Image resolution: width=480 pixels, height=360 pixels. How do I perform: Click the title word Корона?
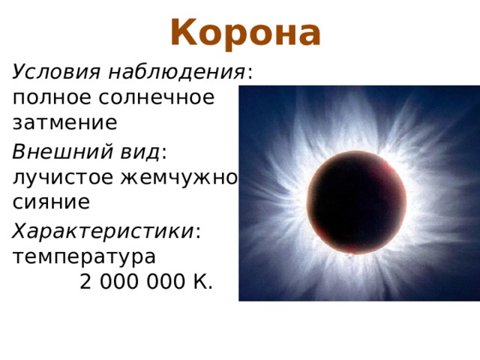[x=245, y=32]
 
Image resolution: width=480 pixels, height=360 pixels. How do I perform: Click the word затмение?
[x=64, y=122]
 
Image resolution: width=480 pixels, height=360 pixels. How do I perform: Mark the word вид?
[x=136, y=152]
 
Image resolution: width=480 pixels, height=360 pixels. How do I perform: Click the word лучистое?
[x=64, y=177]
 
